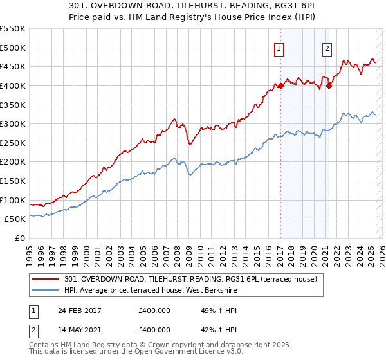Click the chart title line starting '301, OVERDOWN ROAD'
tap(192, 5)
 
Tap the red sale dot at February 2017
tap(281, 85)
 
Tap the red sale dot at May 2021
tap(329, 85)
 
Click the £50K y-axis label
tap(15, 219)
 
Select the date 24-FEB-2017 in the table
tap(80, 311)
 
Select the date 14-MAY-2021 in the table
tap(80, 330)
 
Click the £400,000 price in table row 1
tap(154, 311)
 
